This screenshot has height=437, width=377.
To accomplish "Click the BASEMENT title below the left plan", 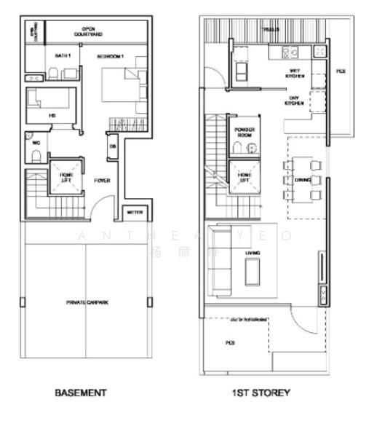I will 80,393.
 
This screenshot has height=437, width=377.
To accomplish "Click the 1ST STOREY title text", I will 261,393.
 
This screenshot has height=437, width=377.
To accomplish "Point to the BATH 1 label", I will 61,55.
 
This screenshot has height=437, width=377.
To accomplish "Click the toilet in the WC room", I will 35,145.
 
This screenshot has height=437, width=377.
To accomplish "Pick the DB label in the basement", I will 113,146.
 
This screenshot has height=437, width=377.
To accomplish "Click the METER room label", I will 135,213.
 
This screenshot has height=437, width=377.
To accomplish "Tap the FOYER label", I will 101,181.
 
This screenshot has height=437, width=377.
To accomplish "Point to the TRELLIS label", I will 270,30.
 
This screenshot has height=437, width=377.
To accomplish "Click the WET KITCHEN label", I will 295,74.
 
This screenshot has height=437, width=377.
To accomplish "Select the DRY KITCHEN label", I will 294,103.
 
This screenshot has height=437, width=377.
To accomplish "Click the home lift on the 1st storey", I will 243,177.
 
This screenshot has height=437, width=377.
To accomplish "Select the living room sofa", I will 221,267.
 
